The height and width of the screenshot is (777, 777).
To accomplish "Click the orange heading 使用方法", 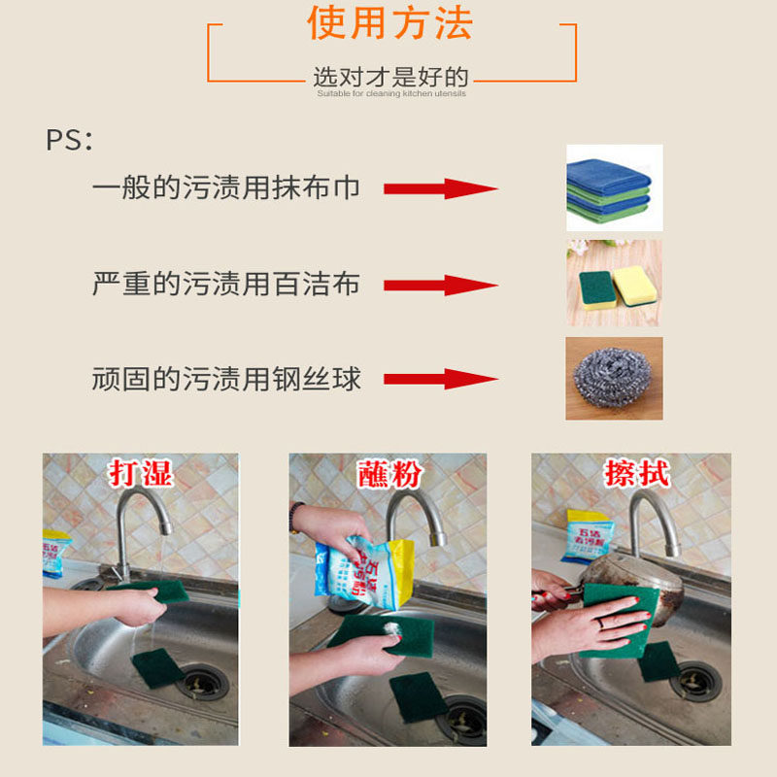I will click(x=390, y=23).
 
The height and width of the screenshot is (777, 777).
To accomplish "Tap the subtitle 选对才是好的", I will click(x=390, y=78).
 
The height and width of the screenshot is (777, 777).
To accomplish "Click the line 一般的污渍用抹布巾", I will click(x=225, y=188).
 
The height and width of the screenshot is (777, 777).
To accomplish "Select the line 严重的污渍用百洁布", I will click(x=225, y=284).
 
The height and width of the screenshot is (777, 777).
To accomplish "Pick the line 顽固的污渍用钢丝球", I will click(x=225, y=379).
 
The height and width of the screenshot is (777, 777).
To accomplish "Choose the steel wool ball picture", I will click(x=614, y=380).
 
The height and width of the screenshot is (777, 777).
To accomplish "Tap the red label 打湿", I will click(x=141, y=474).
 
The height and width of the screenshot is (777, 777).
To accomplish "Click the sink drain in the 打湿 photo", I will click(x=202, y=682).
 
